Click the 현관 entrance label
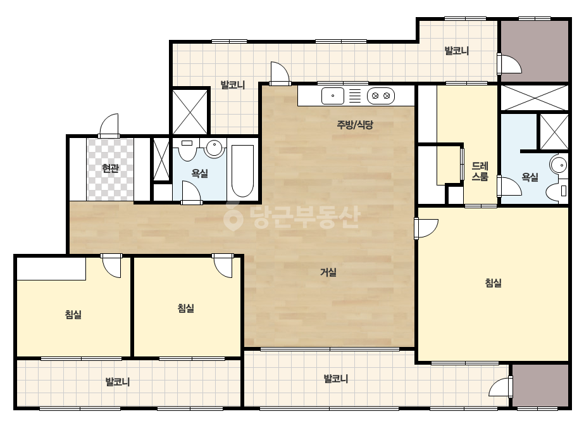110,168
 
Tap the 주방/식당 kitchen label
354,125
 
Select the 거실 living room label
328,272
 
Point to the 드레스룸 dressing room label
480,171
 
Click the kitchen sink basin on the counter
333,96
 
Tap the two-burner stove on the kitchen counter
381,96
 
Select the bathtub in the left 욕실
242,171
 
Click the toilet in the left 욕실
187,150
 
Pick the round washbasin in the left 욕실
214,148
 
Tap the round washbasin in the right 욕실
559,165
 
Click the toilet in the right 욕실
557,191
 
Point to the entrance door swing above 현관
109,125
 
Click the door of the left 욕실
192,192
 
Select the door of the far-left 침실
111,266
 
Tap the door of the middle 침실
223,266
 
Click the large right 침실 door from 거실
426,228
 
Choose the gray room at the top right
535,51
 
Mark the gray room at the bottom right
540,386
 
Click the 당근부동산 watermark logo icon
233,217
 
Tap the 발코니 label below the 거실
336,379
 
